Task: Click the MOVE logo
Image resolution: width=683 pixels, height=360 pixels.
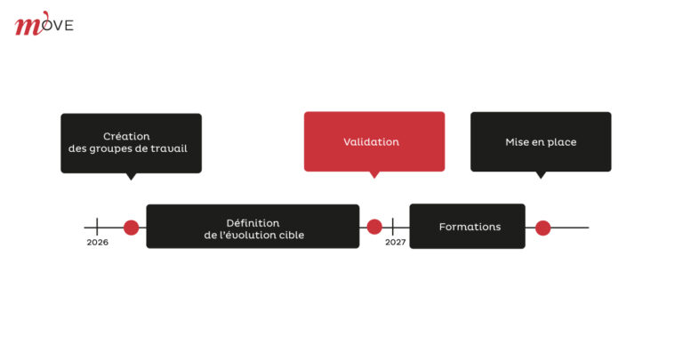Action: point(44,24)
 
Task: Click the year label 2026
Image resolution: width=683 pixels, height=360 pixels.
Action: point(97,242)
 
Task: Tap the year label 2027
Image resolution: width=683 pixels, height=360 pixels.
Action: point(395,242)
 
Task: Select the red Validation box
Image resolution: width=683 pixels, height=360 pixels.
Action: point(374,141)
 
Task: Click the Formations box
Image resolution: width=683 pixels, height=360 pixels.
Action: point(468,227)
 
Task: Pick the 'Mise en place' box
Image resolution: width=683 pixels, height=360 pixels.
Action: point(541,141)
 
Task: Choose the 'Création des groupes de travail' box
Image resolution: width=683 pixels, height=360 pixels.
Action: point(131,142)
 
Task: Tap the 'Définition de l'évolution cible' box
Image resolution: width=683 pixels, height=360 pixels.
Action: point(253,228)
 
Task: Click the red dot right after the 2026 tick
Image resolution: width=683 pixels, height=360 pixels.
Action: point(131,228)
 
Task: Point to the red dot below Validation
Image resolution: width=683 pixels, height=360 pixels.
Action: point(374,228)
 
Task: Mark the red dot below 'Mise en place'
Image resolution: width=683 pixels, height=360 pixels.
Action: point(542,228)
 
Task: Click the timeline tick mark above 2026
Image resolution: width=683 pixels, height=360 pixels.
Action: point(97,227)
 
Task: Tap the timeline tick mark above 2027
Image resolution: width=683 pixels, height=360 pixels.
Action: point(393,227)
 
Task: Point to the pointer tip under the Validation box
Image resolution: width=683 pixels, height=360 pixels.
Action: point(374,176)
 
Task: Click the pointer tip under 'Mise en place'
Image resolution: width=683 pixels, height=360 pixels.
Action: point(541,176)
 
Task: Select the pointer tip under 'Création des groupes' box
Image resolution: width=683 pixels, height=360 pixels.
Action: point(131,177)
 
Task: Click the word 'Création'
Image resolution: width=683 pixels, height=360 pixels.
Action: point(126,136)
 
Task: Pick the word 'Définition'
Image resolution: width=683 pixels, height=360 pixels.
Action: point(253,221)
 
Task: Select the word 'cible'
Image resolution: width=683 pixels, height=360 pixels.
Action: point(289,235)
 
